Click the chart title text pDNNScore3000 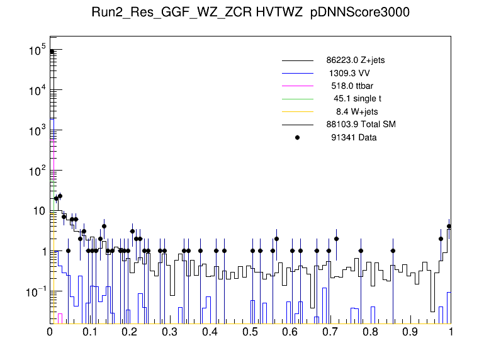click(361, 14)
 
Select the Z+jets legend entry click(360, 61)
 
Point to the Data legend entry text click(354, 137)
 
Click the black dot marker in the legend click(297, 137)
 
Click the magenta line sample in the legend click(297, 86)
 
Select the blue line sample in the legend click(297, 74)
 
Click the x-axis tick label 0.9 click(410, 332)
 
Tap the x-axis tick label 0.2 click(130, 332)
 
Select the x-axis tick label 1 click(451, 332)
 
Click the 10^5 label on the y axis click(36, 50)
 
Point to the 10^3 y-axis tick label click(36, 131)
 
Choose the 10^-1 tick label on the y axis click(35, 292)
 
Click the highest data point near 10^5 click(52, 52)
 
